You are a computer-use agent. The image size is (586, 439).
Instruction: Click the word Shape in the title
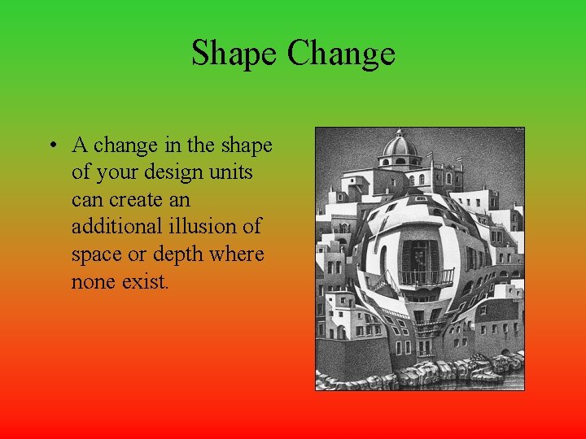234,54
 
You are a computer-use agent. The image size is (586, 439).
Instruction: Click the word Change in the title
341,54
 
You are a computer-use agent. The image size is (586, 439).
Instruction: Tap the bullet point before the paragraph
51,146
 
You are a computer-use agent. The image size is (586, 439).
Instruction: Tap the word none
94,282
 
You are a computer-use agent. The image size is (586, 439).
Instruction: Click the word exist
146,282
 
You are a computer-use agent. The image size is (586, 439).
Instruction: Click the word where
238,255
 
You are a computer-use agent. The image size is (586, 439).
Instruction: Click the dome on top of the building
400,146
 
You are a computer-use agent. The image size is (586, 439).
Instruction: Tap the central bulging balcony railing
425,278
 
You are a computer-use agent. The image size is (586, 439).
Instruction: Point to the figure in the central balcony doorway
420,259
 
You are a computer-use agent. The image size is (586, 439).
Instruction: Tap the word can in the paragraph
87,200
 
